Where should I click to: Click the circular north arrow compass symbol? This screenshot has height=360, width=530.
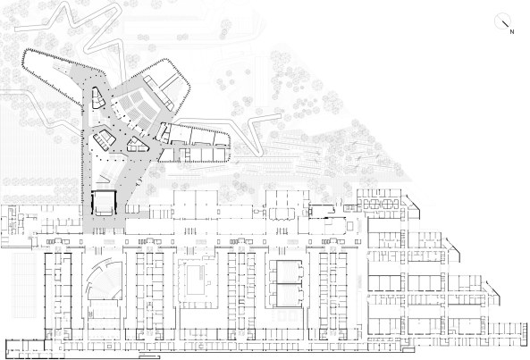click(501, 21)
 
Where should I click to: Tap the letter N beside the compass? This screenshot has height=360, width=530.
click(512, 32)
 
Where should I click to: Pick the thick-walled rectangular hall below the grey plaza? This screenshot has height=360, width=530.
click(104, 203)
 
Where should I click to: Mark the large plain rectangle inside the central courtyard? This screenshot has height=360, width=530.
click(194, 280)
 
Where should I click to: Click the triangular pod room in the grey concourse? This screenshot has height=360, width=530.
click(138, 145)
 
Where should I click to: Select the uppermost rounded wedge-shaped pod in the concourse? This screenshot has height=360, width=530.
click(97, 98)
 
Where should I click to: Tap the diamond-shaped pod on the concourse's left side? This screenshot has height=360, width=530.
click(105, 139)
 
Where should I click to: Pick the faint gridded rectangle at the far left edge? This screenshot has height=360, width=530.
click(24, 285)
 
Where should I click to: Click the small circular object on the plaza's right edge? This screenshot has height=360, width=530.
click(139, 182)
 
